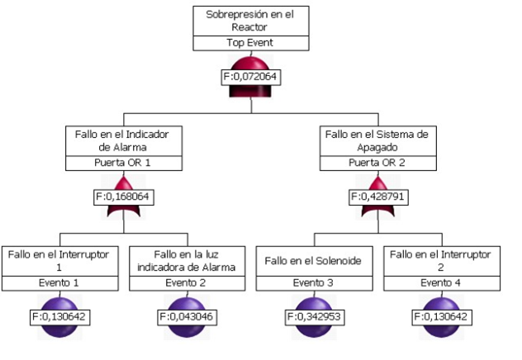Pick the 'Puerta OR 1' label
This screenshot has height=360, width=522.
123,163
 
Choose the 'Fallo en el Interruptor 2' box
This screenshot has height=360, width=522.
445,260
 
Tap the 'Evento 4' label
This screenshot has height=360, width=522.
445,282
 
